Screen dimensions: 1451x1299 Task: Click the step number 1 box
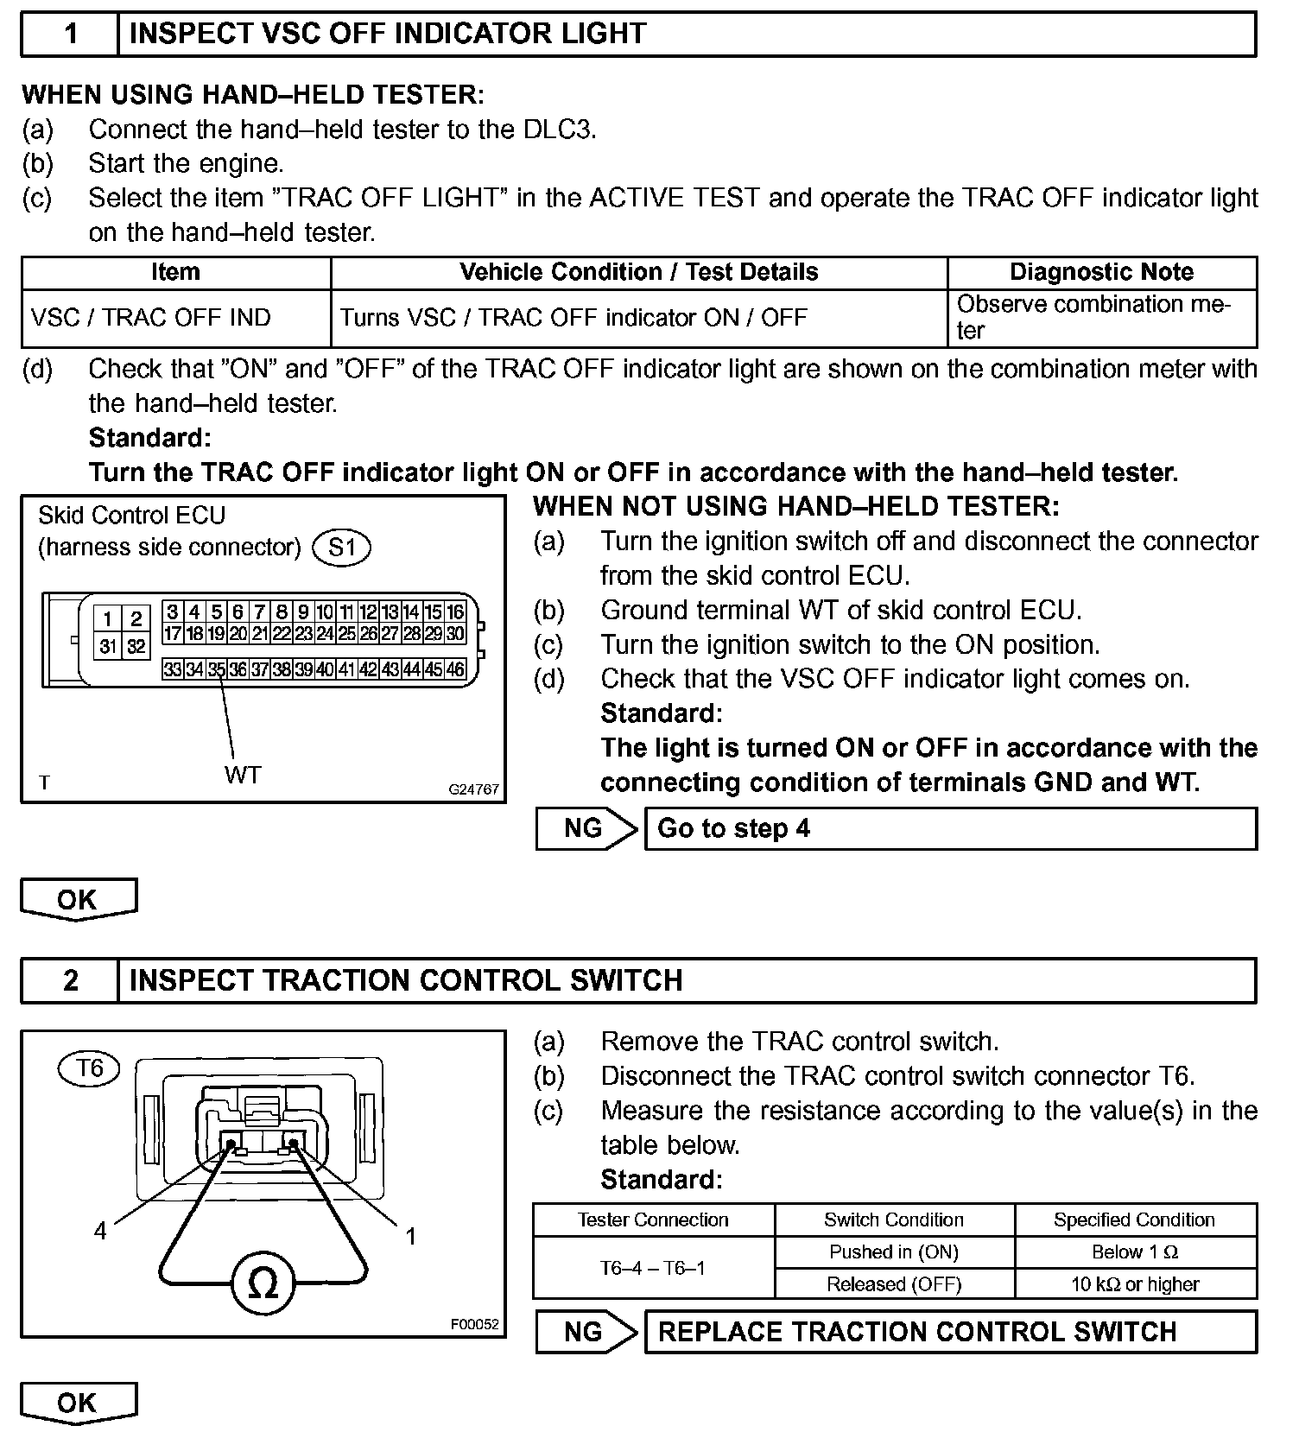pos(70,35)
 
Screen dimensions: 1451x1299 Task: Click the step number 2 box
pos(70,980)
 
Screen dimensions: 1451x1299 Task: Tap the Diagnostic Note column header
pos(1101,273)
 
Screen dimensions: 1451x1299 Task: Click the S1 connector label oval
pos(342,548)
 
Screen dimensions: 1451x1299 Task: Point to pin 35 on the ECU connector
pos(217,669)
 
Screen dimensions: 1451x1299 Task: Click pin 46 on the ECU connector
pos(455,669)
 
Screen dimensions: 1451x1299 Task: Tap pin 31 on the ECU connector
pos(108,646)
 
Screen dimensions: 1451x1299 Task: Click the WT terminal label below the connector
pos(242,775)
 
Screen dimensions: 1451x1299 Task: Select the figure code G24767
pos(473,789)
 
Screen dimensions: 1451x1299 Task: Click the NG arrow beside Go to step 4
pos(586,828)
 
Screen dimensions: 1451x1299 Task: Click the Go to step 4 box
pos(950,828)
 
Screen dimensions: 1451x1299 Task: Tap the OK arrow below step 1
pos(78,899)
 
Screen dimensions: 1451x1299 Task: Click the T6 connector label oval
pos(90,1068)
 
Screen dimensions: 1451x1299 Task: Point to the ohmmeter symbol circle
pos(263,1284)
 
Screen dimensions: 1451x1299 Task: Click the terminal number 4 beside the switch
pos(100,1231)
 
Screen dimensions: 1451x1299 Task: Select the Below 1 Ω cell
pos(1135,1252)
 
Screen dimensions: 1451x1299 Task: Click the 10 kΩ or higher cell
pos(1135,1284)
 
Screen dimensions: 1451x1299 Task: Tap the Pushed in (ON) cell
pos(894,1252)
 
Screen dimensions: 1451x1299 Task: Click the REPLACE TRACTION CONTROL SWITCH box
pos(950,1332)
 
